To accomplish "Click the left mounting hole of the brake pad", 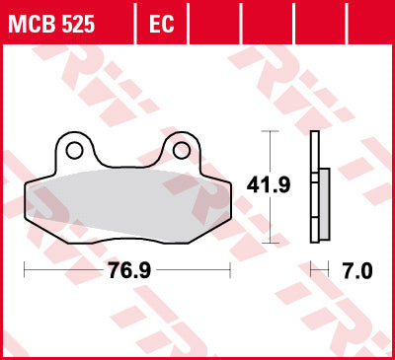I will point(73,150).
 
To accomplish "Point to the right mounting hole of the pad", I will point(181,150).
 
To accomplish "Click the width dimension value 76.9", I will point(126,269).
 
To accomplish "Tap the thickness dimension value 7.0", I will point(356,269).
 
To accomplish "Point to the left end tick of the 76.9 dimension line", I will point(23,268).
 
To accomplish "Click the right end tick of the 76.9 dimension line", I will point(230,268).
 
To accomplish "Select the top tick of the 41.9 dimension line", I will point(268,132).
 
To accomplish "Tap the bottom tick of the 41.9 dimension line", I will point(268,240).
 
